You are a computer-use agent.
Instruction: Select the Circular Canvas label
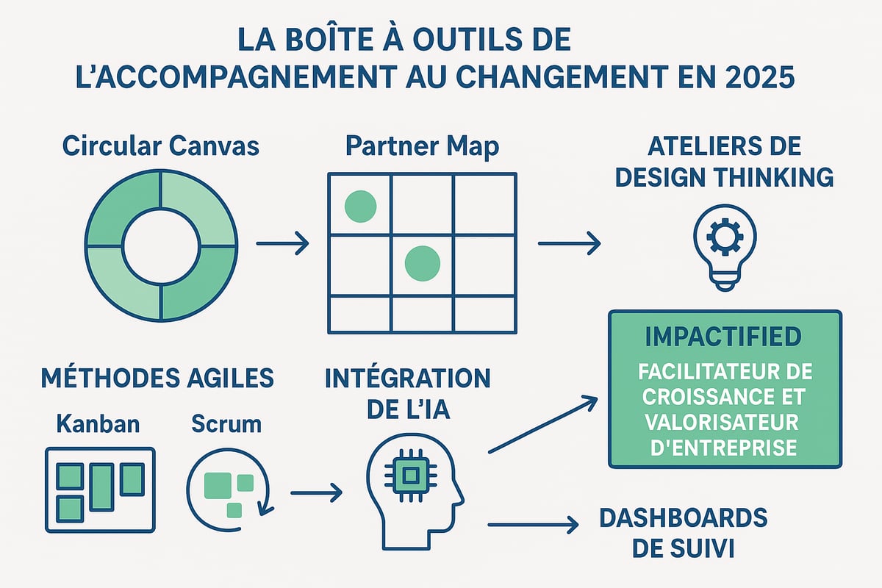[x=161, y=146]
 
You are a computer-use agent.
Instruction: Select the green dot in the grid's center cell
[x=422, y=261]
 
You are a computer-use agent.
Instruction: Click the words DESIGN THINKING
[x=724, y=176]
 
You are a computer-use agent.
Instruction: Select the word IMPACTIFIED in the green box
[x=724, y=337]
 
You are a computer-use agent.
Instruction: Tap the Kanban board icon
[x=101, y=489]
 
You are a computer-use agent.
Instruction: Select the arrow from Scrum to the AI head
[x=316, y=492]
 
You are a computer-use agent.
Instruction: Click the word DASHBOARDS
[x=683, y=517]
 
